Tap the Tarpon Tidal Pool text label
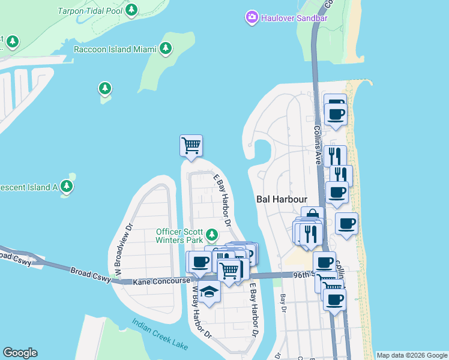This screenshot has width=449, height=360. [x=89, y=11]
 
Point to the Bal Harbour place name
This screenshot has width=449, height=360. [x=282, y=199]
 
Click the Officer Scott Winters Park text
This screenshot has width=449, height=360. [x=179, y=236]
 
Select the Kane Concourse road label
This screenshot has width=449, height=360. [x=161, y=280]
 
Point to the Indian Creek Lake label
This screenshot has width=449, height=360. [x=160, y=335]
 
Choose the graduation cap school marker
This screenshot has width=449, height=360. [x=209, y=292]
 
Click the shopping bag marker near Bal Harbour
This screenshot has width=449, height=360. [x=313, y=215]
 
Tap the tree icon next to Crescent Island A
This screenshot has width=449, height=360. [x=67, y=187]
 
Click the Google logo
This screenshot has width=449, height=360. [x=20, y=353]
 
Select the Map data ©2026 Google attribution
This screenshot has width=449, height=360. [x=411, y=355]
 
